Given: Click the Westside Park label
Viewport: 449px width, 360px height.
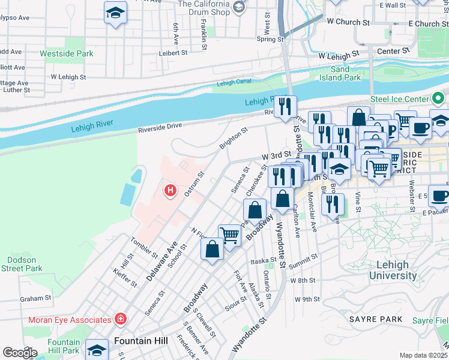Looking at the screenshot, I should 67,53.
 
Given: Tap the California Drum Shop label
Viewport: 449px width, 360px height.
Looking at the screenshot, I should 204,8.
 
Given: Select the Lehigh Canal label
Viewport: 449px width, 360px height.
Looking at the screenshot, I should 232,83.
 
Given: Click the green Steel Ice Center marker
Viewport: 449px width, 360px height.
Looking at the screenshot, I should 438,98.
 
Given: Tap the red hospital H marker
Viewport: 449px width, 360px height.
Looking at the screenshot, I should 170,191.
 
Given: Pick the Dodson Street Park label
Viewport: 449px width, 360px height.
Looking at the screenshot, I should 25,264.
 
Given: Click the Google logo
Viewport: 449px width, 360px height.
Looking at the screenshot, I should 20,353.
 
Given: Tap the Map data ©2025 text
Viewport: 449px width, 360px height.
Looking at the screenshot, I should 423,355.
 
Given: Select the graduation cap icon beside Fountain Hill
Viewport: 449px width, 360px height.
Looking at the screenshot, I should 97,349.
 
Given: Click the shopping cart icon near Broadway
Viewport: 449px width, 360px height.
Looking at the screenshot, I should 229,235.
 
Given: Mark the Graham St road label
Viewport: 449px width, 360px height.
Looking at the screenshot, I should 35,298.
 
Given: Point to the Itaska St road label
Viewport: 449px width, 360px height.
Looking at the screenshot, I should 263,262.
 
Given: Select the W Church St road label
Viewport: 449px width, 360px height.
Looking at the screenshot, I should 348,22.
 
